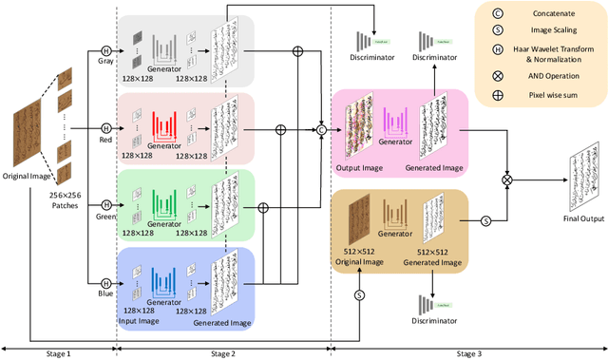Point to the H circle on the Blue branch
tap(106, 281)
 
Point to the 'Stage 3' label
tap(467, 352)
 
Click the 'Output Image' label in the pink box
tap(358, 167)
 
